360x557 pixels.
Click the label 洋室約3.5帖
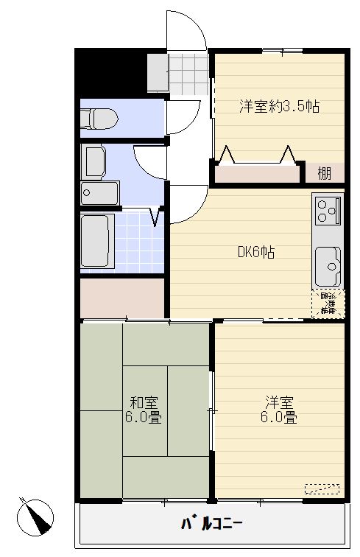tap(278, 105)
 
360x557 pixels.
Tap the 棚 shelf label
tap(324, 174)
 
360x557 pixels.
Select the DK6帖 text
tap(256, 253)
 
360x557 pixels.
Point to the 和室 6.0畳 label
tap(145, 410)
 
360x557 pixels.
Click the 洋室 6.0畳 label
tap(280, 410)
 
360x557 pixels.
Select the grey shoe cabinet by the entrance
tap(157, 71)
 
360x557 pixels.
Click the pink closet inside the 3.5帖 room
tap(258, 175)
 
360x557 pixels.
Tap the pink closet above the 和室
tap(122, 298)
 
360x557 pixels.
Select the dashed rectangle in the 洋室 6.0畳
tap(322, 488)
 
